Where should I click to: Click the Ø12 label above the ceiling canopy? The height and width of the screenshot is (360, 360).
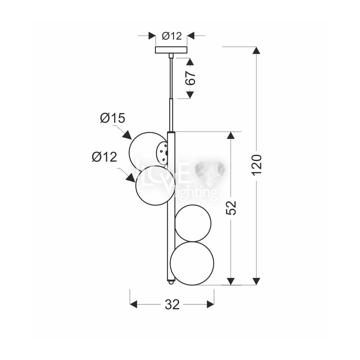pos(172,36)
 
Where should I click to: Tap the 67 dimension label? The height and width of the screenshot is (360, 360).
pos(190,78)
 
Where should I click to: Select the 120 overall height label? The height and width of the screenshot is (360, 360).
pos(256,165)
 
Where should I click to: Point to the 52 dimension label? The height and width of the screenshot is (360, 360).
pos(231,208)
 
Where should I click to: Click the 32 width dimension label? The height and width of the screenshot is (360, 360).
pos(172,305)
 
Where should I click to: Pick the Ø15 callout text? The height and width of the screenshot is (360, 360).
pos(112,118)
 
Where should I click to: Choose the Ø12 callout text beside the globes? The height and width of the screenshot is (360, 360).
pos(104,157)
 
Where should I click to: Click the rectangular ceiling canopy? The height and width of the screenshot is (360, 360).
pos(171,50)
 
